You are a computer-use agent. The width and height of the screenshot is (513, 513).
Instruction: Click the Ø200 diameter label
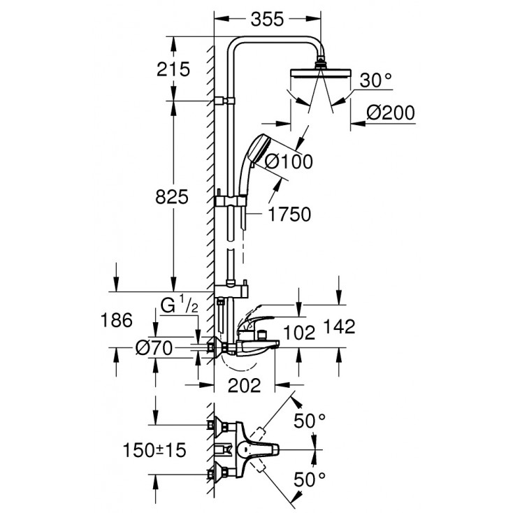point(391,113)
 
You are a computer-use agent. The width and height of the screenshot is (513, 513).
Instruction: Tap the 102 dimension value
point(301,332)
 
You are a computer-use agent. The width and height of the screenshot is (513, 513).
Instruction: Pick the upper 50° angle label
point(310,421)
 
